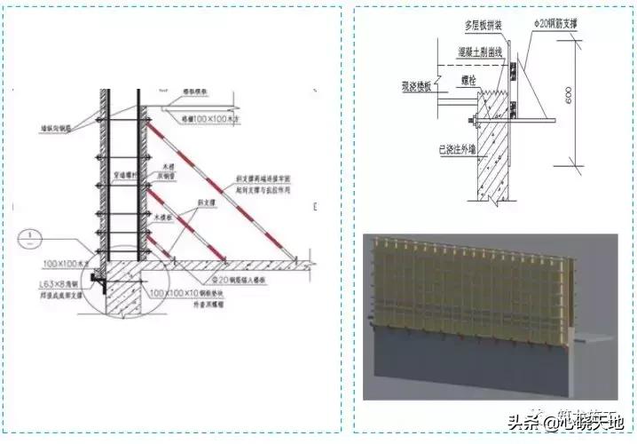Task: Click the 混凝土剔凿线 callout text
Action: tap(479, 53)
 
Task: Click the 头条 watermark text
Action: tap(519, 423)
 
